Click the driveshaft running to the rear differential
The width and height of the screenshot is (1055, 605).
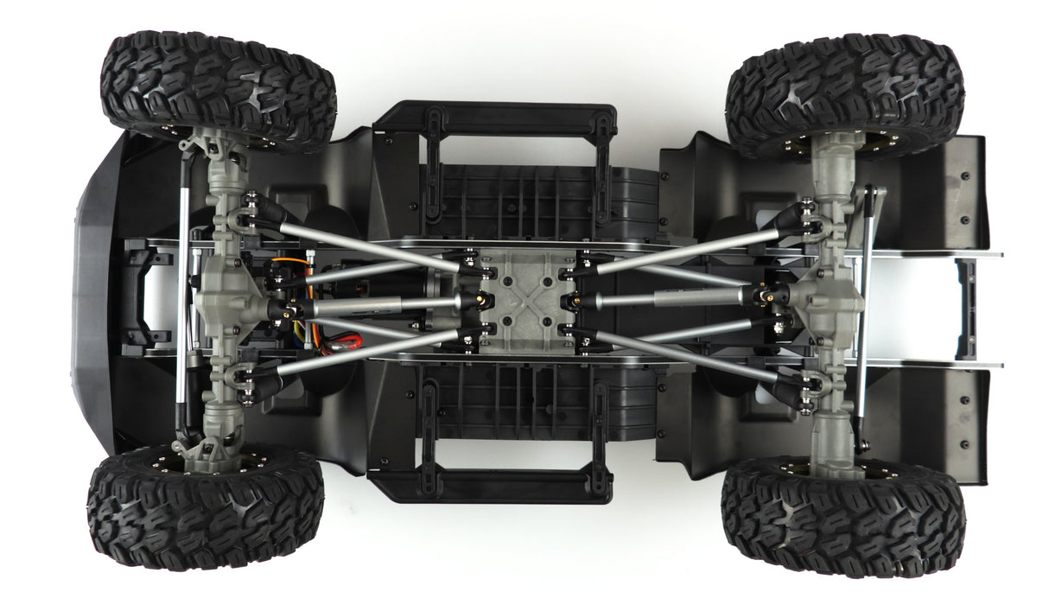pyautogui.click(x=674, y=296)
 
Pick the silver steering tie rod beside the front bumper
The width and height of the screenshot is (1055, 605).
pyautogui.click(x=183, y=294)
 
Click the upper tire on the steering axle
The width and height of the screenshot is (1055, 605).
pyautogui.click(x=218, y=86)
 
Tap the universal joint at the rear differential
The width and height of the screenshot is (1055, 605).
pyautogui.click(x=769, y=296)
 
